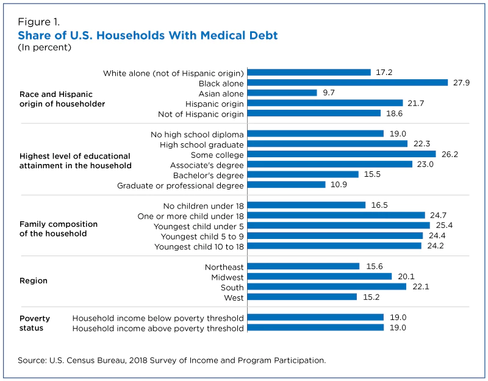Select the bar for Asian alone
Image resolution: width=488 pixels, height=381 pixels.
click(x=283, y=93)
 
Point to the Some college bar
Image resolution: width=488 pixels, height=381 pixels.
click(x=342, y=155)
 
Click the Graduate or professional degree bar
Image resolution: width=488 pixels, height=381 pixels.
click(x=287, y=185)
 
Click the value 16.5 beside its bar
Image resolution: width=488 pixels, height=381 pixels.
click(x=380, y=205)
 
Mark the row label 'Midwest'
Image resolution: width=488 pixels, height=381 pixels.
click(x=227, y=277)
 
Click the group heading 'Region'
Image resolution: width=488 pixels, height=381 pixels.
click(x=34, y=281)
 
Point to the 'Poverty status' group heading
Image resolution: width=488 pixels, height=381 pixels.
click(x=35, y=323)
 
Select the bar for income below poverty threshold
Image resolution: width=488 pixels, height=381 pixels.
click(x=316, y=318)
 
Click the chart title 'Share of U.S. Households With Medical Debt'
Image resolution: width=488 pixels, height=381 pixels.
click(x=148, y=36)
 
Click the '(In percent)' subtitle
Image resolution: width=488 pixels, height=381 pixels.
click(x=45, y=48)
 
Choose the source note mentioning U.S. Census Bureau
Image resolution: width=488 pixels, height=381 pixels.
click(x=171, y=360)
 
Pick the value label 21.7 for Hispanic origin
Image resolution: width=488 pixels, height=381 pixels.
click(x=418, y=104)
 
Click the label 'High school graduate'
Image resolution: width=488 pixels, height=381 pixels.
click(x=202, y=144)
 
